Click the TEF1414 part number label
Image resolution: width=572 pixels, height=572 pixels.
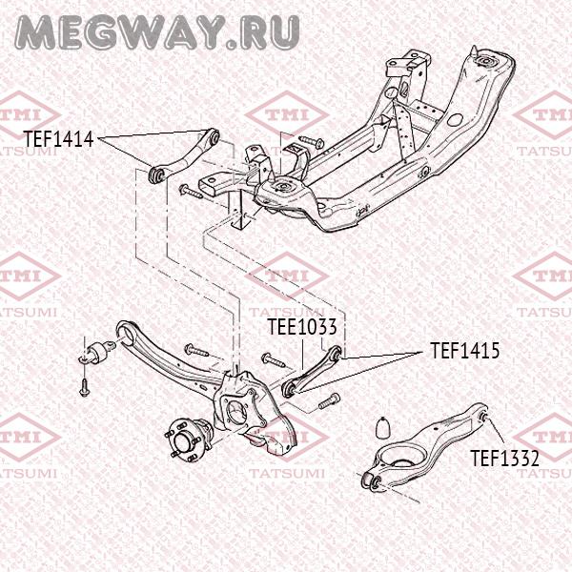point(59,139)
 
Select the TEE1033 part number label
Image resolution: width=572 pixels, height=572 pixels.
point(302,326)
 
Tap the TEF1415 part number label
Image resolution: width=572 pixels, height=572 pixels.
point(465,351)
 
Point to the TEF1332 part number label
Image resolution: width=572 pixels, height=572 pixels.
point(504,459)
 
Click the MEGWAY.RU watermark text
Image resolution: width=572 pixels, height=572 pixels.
point(157,32)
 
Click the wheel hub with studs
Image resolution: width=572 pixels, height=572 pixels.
point(186,439)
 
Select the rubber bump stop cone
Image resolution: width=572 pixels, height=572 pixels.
point(383,427)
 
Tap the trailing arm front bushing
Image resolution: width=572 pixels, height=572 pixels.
point(96,352)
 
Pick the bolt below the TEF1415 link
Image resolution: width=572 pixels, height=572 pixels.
point(329,400)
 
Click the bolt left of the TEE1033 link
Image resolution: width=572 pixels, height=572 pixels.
point(273,360)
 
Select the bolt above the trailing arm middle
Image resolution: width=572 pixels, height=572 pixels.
point(196,350)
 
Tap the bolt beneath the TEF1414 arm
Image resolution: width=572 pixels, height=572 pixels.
point(191,192)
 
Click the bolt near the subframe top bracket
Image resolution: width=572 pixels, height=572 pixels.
point(311,141)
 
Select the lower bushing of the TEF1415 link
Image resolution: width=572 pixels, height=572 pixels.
point(290,390)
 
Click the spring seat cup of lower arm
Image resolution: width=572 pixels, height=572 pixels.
point(401,459)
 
